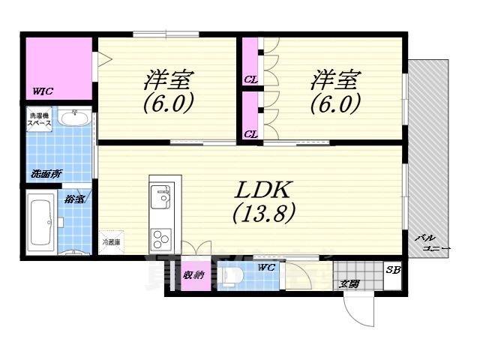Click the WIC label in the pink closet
pyautogui.click(x=43, y=91)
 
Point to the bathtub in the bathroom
pyautogui.click(x=39, y=222)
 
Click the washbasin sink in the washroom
pyautogui.click(x=73, y=118)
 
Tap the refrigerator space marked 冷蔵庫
pyautogui.click(x=112, y=241)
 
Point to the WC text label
pyautogui.click(x=265, y=267)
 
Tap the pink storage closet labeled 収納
pyautogui.click(x=193, y=275)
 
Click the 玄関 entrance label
pyautogui.click(x=349, y=284)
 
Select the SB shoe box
pyautogui.click(x=392, y=271)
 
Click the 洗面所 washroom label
pyautogui.click(x=46, y=174)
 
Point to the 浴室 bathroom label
pyautogui.click(x=74, y=199)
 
